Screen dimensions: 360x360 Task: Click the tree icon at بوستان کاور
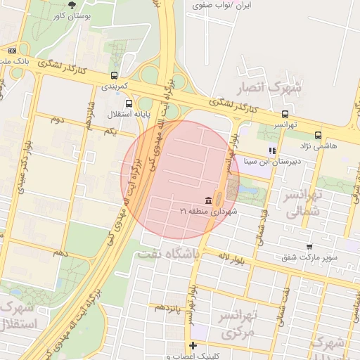click(72, 5)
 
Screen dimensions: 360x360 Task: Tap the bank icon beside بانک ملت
click(12, 51)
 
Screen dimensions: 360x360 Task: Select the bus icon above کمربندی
click(114, 75)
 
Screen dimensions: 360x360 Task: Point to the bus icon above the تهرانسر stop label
click(285, 114)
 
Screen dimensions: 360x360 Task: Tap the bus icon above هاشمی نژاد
click(319, 135)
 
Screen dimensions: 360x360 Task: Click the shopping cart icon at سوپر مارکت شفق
click(310, 246)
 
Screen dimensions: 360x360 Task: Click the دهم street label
click(59, 252)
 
